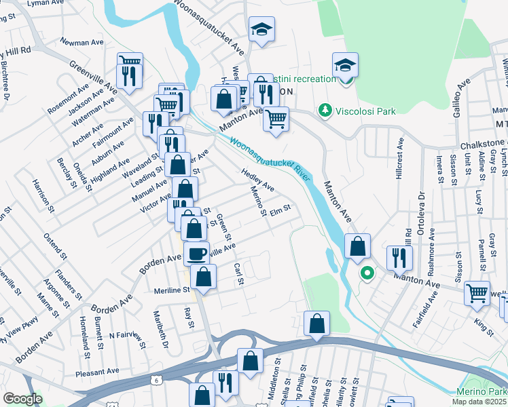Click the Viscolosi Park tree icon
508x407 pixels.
coord(325,110)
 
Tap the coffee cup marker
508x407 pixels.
coord(196,254)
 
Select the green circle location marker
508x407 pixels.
coord(367,274)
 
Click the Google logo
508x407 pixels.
coord(22,399)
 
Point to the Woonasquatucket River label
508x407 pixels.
coord(266,158)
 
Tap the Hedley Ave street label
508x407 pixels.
coord(257,180)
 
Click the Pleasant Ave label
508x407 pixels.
coord(98,372)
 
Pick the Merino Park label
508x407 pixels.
coord(487,392)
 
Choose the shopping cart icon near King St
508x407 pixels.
coord(477,293)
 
